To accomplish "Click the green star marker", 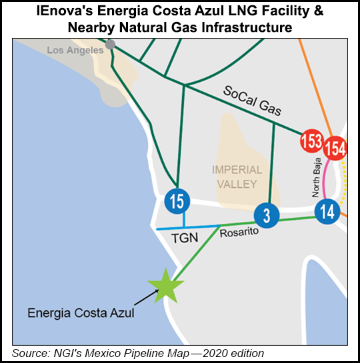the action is tap(163, 286).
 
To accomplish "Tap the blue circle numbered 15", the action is tap(178, 200).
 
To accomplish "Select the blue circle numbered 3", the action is tap(265, 215).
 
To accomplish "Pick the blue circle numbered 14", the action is tap(327, 212).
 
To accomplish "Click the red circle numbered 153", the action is tap(311, 141).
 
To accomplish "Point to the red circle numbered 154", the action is tap(335, 147).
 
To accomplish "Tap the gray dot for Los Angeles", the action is tap(110, 44).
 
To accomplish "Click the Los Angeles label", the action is tap(75, 50).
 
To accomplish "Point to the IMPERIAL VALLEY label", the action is tap(237, 176).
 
